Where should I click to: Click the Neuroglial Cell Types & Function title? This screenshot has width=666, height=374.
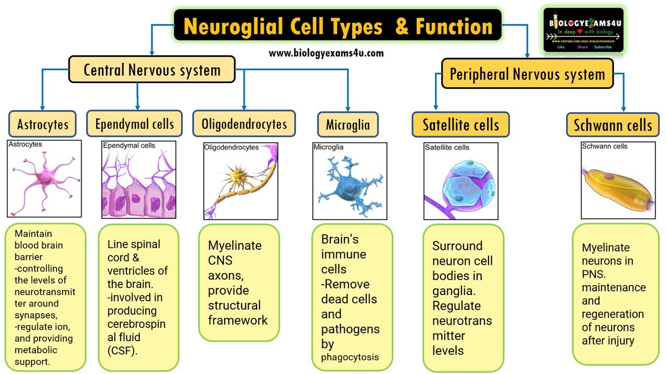click(338, 26)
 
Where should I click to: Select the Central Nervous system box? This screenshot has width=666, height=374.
click(152, 70)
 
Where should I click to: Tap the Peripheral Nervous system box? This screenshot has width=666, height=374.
click(527, 74)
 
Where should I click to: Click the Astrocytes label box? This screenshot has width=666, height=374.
click(43, 124)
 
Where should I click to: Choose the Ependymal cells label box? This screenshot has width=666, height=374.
click(134, 124)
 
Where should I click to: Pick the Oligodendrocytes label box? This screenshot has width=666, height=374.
click(244, 124)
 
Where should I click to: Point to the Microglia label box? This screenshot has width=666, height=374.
click(348, 125)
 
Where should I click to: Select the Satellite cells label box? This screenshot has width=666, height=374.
click(460, 125)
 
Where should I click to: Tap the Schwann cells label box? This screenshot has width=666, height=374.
click(612, 125)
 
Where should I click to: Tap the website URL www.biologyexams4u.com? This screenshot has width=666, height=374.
click(326, 53)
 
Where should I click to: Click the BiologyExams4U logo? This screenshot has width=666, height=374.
click(583, 30)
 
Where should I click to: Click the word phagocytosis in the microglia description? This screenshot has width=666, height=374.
click(350, 357)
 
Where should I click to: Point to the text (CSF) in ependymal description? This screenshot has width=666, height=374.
click(122, 351)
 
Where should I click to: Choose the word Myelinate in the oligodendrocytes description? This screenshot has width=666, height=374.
click(235, 245)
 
